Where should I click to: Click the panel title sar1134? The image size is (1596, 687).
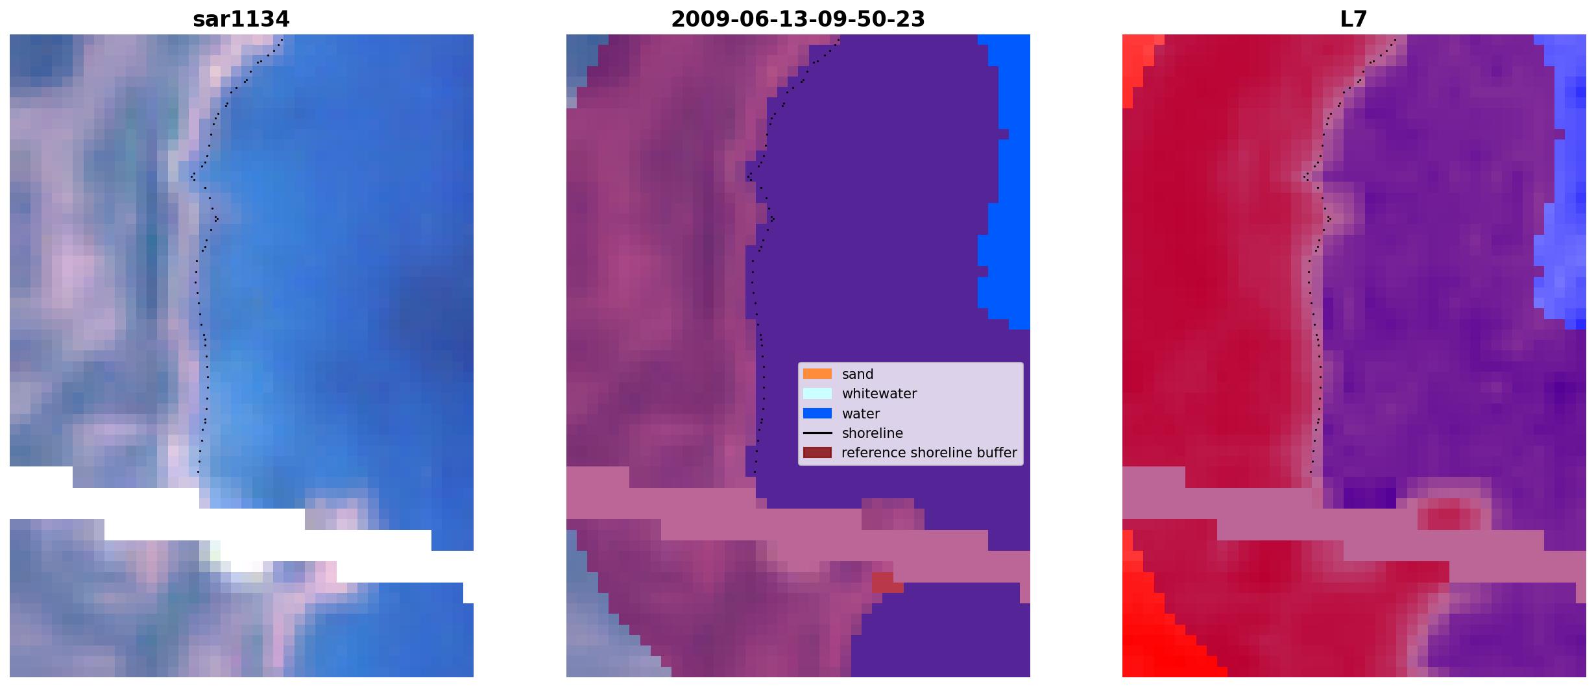pyautogui.click(x=241, y=19)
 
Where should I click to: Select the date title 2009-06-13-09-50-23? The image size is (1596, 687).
pyautogui.click(x=797, y=19)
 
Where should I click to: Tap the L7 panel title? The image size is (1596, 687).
pyautogui.click(x=1353, y=19)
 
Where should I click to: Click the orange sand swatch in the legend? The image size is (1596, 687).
pyautogui.click(x=817, y=374)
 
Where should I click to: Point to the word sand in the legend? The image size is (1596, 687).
pyautogui.click(x=857, y=374)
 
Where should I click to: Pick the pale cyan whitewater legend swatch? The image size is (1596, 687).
pyautogui.click(x=817, y=393)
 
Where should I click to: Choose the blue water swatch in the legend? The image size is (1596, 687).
pyautogui.click(x=817, y=413)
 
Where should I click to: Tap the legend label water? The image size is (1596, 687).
pyautogui.click(x=860, y=414)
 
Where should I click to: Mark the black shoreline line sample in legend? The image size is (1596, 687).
pyautogui.click(x=817, y=433)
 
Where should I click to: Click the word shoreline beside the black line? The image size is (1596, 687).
pyautogui.click(x=872, y=433)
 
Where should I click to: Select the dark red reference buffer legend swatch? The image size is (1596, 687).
pyautogui.click(x=817, y=452)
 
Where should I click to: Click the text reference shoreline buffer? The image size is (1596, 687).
pyautogui.click(x=929, y=453)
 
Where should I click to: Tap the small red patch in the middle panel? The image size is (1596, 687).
pyautogui.click(x=886, y=582)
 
